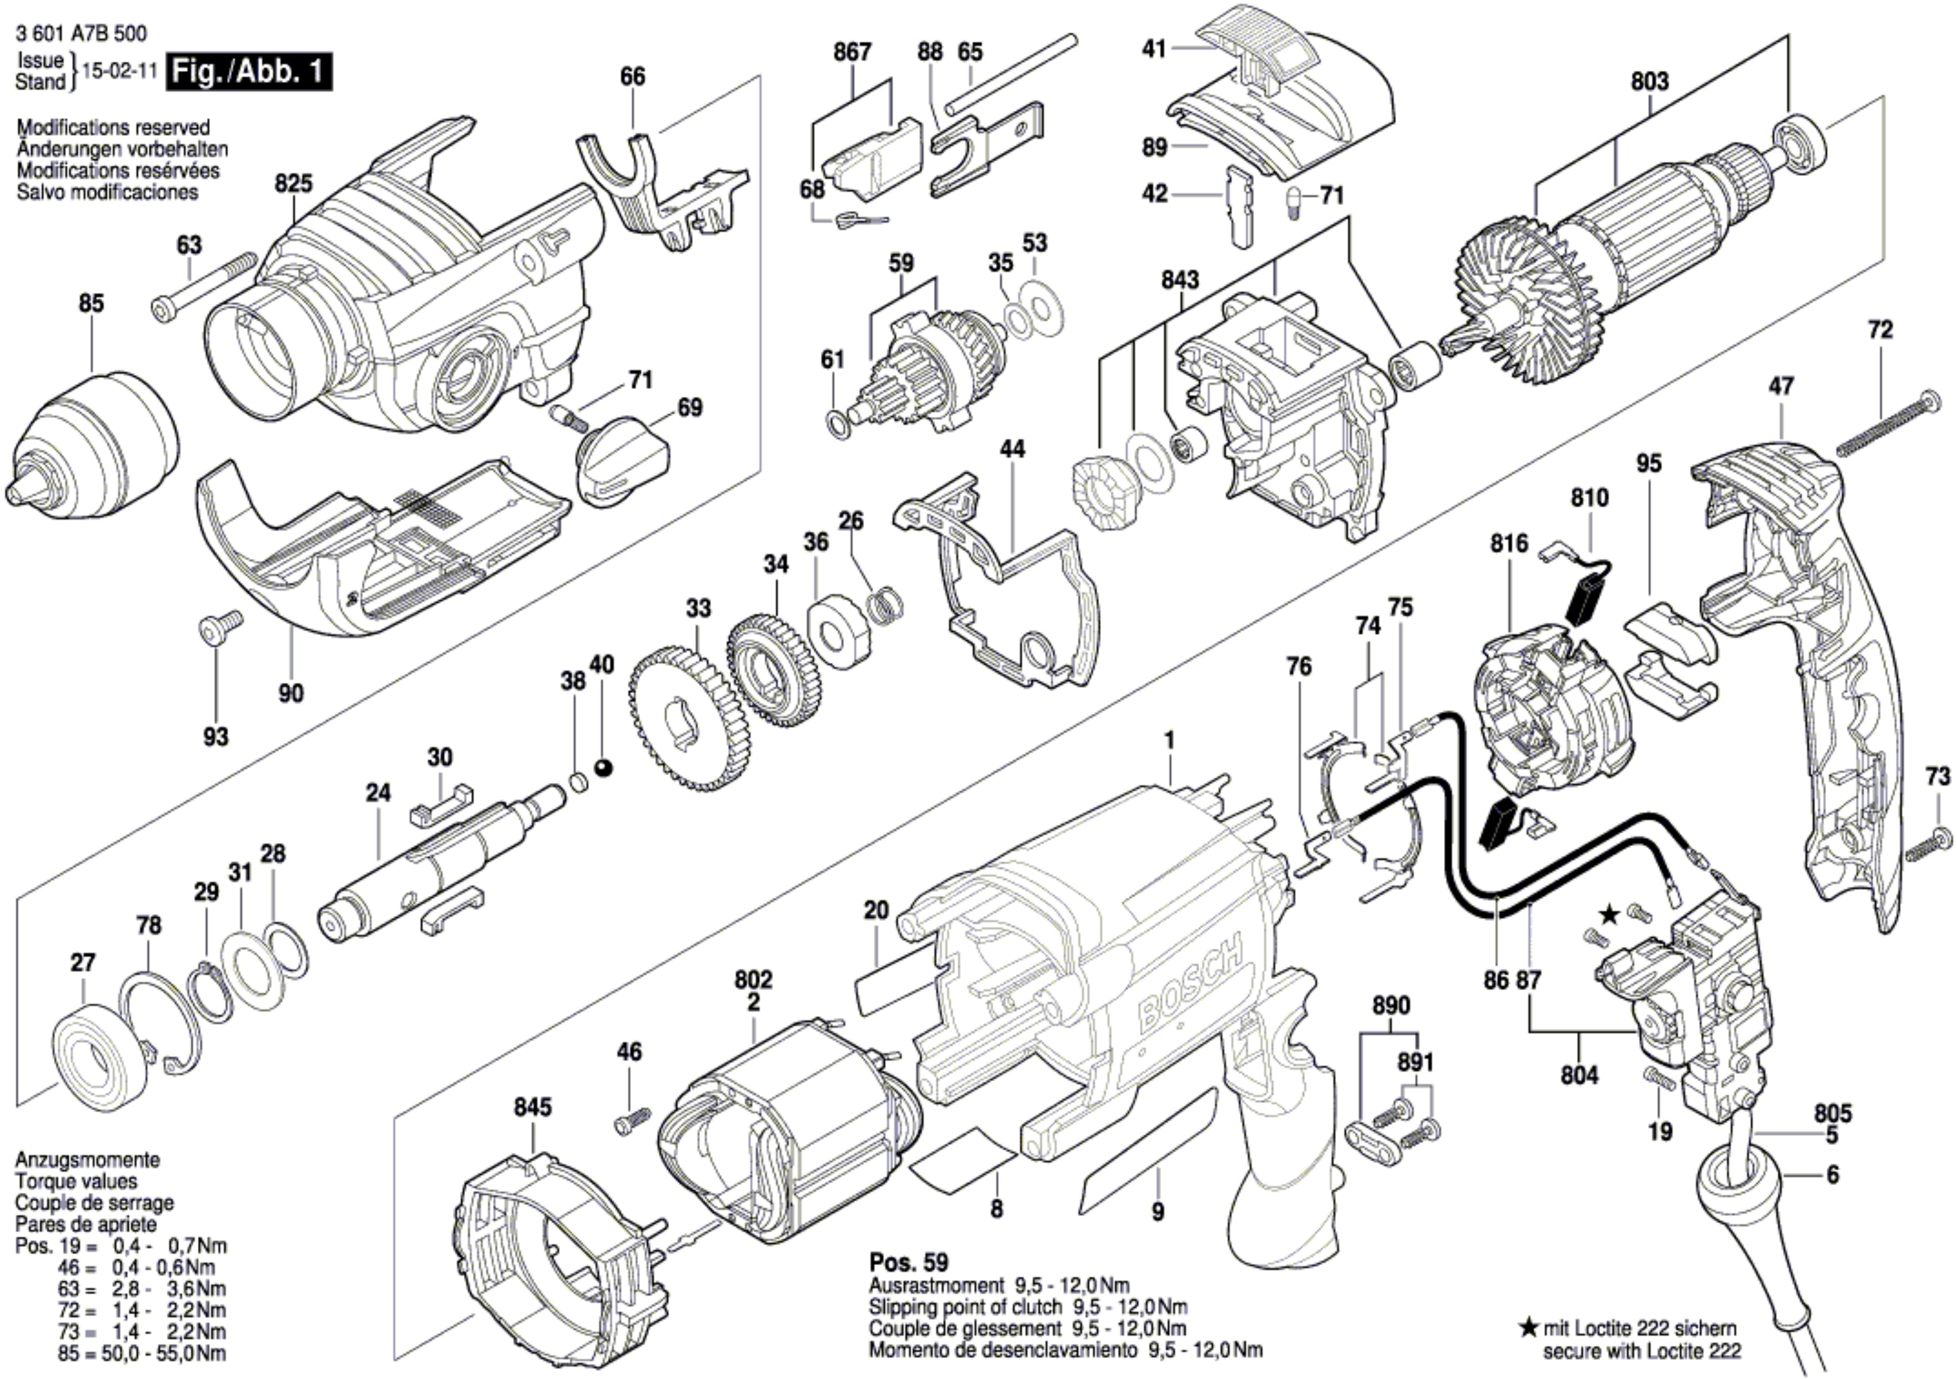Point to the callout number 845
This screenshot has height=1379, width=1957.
tap(533, 1107)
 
